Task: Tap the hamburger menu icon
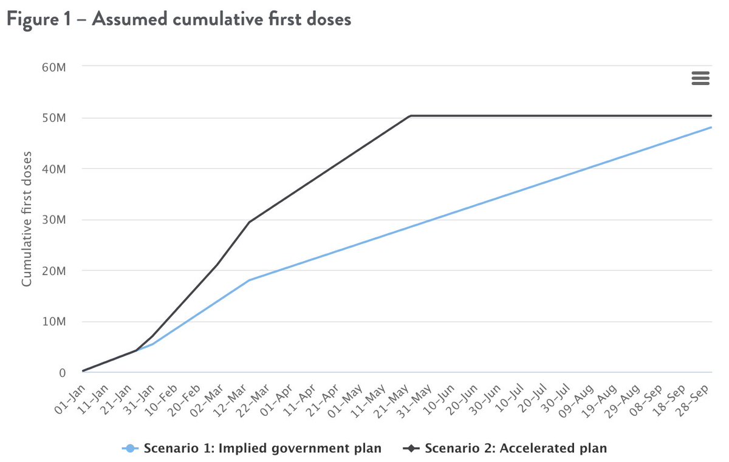(700, 78)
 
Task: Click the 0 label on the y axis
(62, 373)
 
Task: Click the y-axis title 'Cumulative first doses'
(27, 219)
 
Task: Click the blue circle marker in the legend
(129, 449)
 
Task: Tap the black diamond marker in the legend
(411, 449)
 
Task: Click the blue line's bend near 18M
(249, 280)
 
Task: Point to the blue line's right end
(711, 127)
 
